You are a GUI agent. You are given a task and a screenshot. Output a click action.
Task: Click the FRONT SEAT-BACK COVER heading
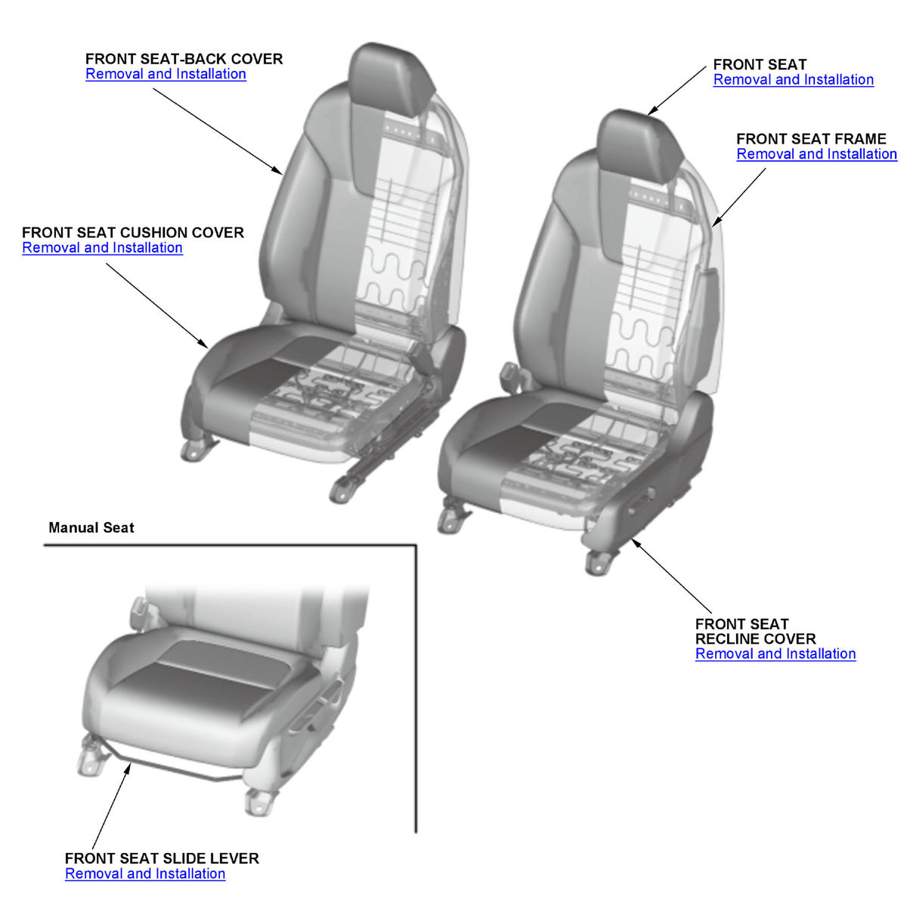tap(184, 59)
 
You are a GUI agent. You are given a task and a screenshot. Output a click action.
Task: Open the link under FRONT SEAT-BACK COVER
tap(166, 74)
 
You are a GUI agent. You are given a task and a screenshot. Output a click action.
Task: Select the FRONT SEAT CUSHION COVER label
tap(132, 233)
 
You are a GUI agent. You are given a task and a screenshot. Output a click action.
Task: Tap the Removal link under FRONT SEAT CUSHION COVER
tap(102, 248)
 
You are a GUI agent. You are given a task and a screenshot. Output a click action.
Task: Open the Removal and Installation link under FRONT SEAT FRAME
tap(816, 154)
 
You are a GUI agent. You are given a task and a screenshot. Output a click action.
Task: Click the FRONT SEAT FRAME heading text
tap(811, 139)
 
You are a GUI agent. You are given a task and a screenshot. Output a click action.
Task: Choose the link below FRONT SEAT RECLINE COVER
tap(775, 654)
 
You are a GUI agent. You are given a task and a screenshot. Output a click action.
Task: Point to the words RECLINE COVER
tap(755, 638)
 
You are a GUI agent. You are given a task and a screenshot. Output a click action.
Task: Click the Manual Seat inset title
tap(91, 527)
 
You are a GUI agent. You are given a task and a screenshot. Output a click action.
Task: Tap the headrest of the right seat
tap(640, 146)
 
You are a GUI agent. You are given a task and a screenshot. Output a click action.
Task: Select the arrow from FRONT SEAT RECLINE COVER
tap(672, 576)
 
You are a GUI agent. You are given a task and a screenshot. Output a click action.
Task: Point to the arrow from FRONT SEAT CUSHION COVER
tap(156, 306)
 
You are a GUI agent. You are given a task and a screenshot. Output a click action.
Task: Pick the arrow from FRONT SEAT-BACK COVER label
tap(218, 131)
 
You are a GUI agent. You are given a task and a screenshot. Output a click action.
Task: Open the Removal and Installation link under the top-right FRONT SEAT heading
tap(794, 79)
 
